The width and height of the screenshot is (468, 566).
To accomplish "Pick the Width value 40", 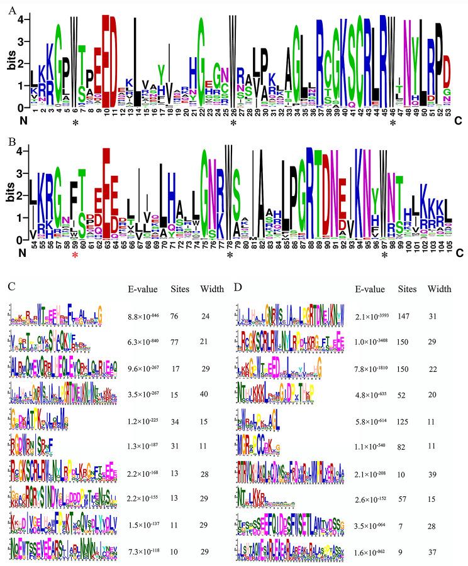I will (208, 395).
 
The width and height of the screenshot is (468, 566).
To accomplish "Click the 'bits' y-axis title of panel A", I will (8, 63).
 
